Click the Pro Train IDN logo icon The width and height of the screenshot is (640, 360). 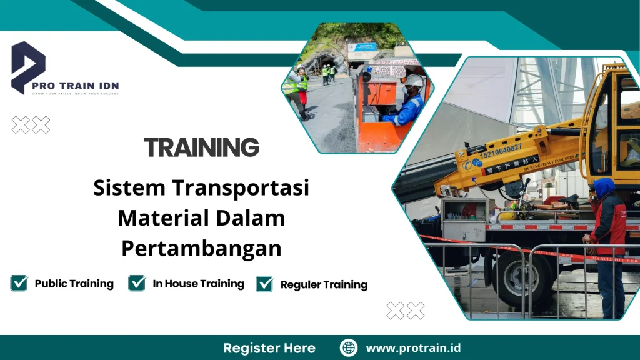pos(28,67)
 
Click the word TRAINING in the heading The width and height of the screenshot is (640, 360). pos(201,147)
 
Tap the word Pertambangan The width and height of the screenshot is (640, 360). pos(201,248)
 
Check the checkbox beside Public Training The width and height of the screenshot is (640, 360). pos(19,283)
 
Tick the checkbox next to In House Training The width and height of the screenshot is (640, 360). pos(137,283)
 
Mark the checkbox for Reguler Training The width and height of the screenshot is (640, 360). pos(265,284)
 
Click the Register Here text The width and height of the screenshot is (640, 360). pos(269,348)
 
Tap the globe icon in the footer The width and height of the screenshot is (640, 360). pos(349,347)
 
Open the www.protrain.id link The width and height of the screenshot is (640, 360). pos(413,348)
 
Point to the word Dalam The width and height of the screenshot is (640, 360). pos(251,218)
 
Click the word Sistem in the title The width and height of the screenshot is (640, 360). pos(129,187)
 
